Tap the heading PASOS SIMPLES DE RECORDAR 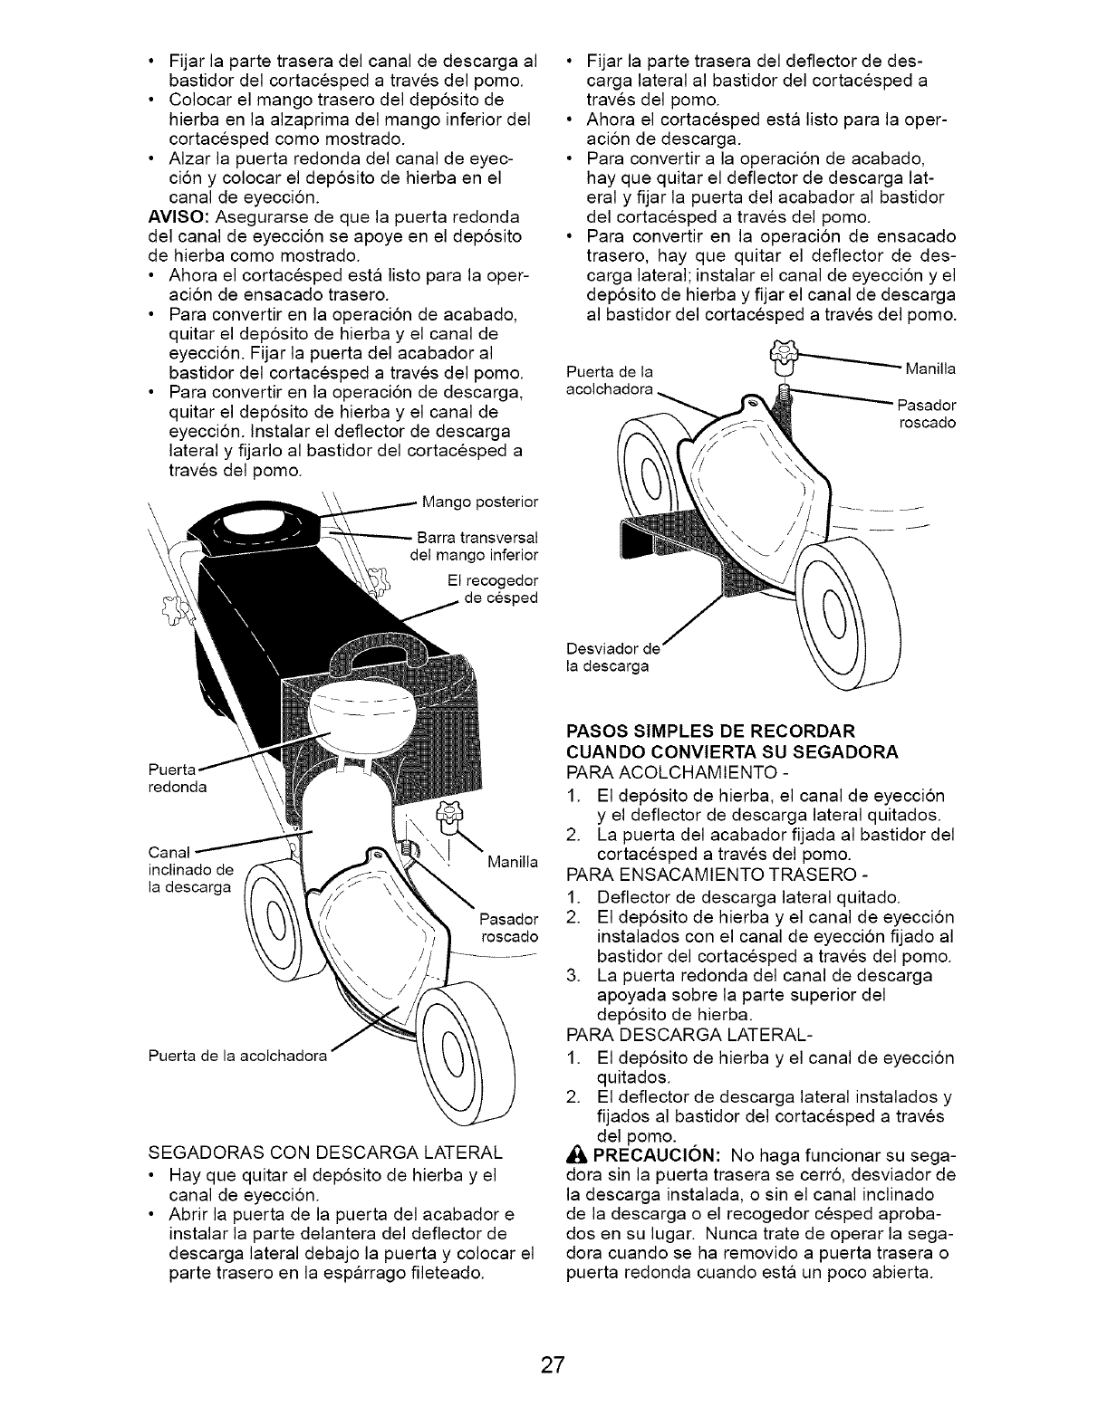click(x=710, y=731)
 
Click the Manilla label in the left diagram click(x=512, y=863)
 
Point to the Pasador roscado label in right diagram click(x=926, y=414)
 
